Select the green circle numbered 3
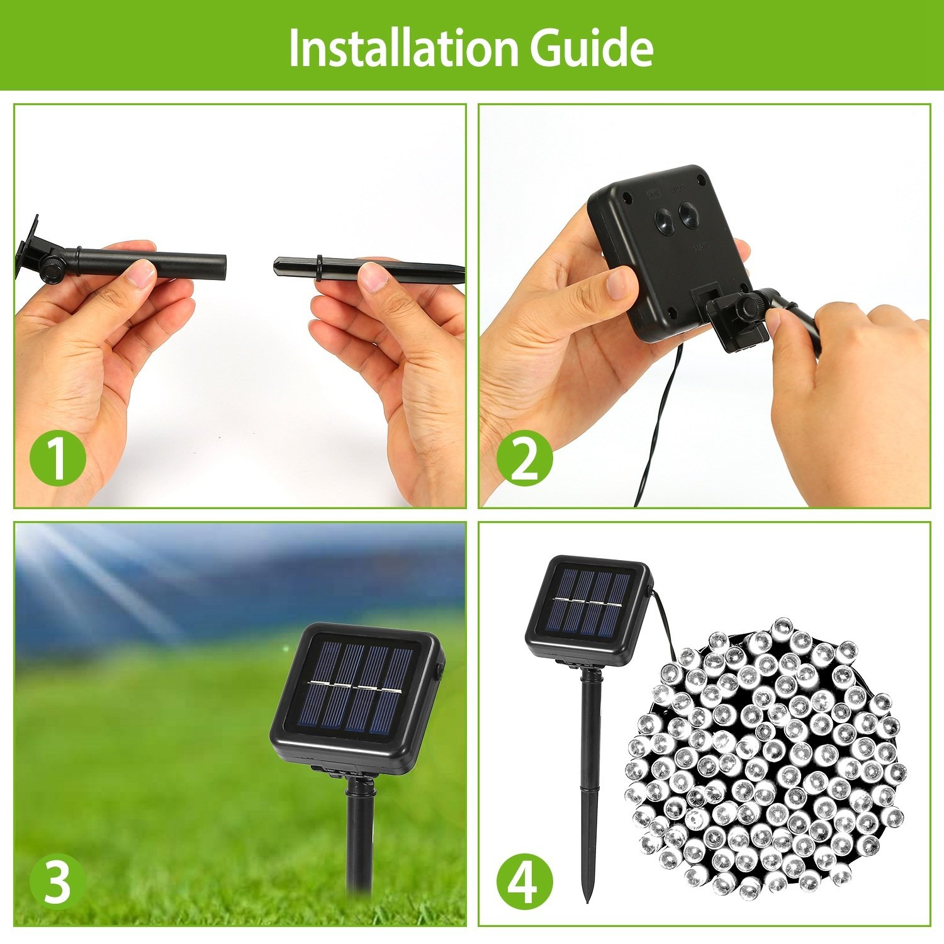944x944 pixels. [x=57, y=881]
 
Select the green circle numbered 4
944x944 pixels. [x=524, y=881]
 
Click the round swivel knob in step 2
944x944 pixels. [x=748, y=307]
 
